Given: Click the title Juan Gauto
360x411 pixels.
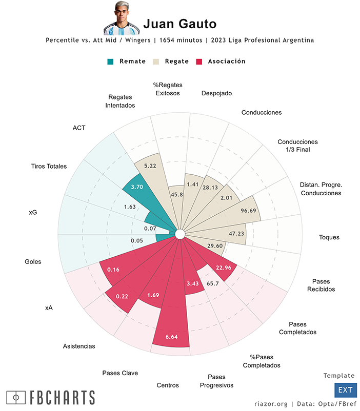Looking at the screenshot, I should point(179,24).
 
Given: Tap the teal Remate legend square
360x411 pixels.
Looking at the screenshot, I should point(110,61).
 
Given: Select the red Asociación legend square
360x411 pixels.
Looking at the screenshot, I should point(199,61).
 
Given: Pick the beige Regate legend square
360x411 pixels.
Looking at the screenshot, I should point(156,61).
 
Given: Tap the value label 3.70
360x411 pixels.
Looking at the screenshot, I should point(137,187).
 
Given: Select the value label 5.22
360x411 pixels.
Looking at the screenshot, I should point(150,166).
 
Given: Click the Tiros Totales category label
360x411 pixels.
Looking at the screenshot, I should point(49,166).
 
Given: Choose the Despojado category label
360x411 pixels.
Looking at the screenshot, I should point(216,93).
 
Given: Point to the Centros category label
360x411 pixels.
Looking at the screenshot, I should point(168,385).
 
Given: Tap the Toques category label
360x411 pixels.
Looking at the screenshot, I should point(329,237).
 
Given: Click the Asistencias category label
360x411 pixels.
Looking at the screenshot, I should point(79,346).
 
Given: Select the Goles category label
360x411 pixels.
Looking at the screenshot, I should point(33,261).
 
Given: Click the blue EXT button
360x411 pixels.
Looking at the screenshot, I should point(345,390).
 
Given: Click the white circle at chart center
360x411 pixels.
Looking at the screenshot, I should point(179,234).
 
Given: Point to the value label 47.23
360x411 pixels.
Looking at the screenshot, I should point(237,233).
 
